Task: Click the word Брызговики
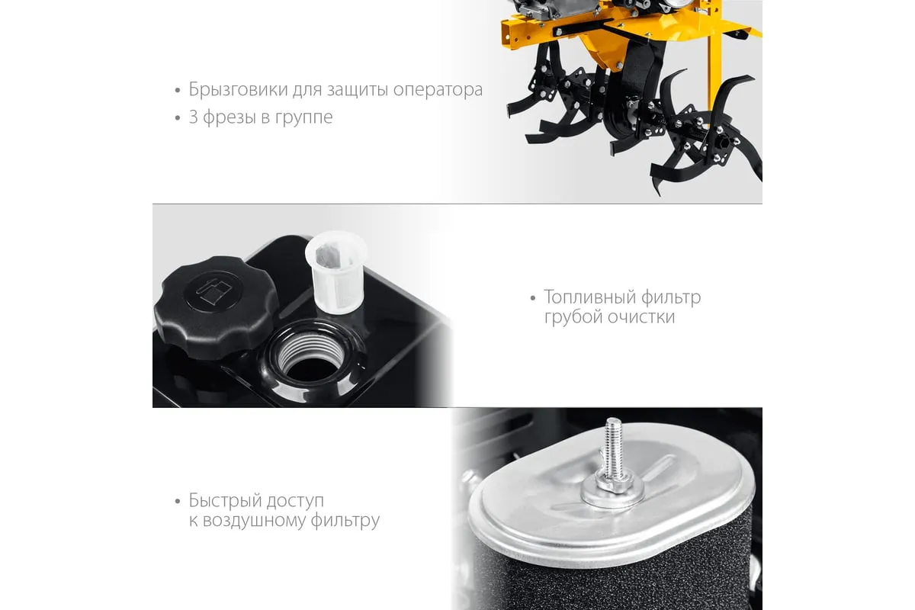(239, 90)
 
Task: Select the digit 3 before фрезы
(193, 117)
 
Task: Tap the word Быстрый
(223, 501)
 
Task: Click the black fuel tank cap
(215, 307)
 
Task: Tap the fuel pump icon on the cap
(213, 289)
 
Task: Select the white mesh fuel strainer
(336, 272)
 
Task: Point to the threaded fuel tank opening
(312, 355)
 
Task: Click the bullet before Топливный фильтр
(533, 298)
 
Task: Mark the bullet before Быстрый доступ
(177, 501)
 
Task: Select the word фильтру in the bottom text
(345, 521)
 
